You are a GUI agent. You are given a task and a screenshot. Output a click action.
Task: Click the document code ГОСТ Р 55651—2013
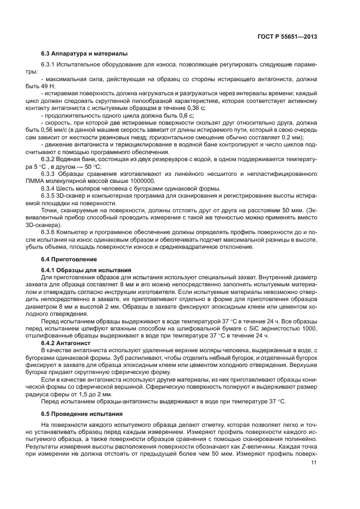pos(288,37)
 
